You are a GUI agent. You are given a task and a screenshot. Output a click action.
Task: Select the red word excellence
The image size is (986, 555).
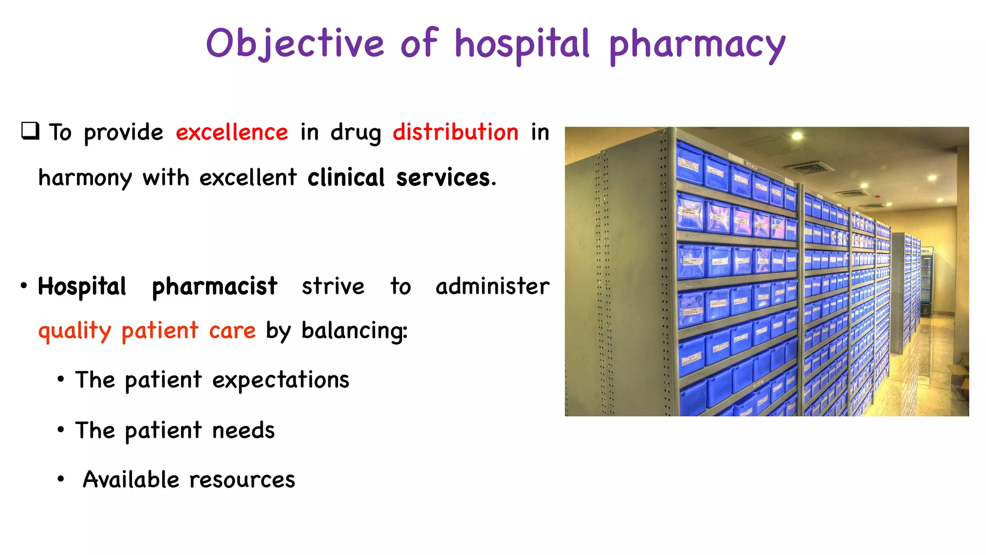coord(232,132)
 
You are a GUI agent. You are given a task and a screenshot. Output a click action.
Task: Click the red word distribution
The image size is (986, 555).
coord(455,132)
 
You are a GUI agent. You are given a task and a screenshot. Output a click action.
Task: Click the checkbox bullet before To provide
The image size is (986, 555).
coord(30,131)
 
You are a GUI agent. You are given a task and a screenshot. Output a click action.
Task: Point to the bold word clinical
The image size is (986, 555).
coord(346,178)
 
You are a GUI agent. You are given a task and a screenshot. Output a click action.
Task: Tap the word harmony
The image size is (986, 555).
coord(85,178)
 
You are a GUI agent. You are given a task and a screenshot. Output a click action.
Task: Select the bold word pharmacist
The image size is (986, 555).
coord(214,287)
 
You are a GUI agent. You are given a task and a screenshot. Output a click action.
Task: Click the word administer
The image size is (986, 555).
coord(492,287)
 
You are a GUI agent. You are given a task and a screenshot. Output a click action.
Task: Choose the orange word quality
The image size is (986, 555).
coord(75,331)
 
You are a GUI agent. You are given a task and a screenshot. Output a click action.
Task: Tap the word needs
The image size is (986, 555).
coord(243,431)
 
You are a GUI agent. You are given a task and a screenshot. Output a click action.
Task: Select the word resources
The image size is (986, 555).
coord(242,480)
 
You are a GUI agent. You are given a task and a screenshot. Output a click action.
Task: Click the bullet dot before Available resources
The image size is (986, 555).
coord(61,479)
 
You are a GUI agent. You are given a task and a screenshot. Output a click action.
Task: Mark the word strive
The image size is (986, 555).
coord(333,287)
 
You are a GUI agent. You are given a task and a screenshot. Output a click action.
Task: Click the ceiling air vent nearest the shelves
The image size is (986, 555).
coord(809,168)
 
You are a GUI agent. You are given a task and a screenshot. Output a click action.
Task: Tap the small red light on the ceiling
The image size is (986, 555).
coord(878,197)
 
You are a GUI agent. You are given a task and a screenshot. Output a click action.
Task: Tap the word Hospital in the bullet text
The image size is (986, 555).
coord(82,287)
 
